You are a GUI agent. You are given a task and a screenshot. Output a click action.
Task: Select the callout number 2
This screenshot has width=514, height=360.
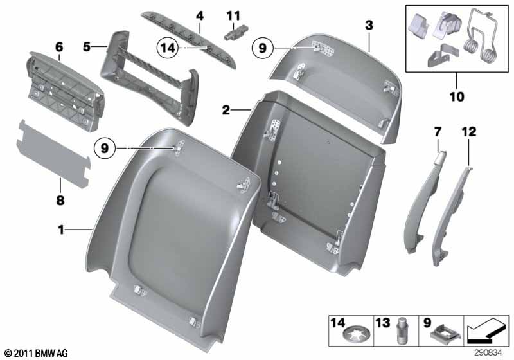click(x=226, y=111)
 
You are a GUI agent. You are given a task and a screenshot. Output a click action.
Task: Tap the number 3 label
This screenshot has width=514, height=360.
click(x=368, y=26)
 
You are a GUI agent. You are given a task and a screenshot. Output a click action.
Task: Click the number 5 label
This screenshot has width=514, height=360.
click(x=87, y=46)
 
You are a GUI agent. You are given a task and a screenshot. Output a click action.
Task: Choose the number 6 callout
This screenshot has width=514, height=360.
click(x=59, y=46)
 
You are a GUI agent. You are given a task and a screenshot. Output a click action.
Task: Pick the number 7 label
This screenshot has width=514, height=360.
click(x=438, y=132)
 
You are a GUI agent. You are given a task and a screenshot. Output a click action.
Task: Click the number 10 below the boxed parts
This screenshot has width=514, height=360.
click(x=456, y=100)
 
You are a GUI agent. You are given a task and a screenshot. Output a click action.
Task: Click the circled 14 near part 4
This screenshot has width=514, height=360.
click(x=168, y=47)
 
